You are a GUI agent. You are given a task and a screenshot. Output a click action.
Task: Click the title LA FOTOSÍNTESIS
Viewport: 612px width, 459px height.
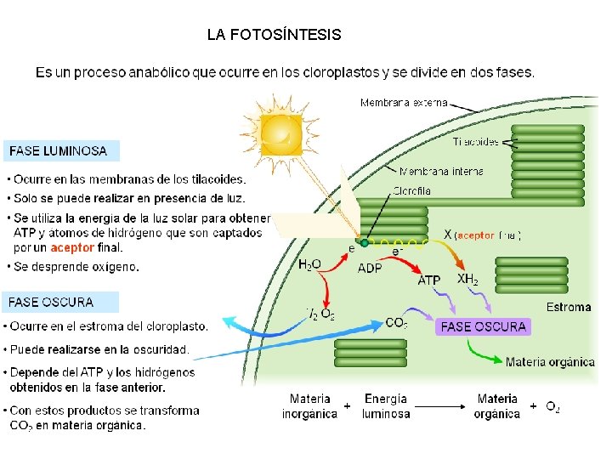point(274,35)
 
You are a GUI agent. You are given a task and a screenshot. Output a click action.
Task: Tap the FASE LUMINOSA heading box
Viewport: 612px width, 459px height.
point(59,151)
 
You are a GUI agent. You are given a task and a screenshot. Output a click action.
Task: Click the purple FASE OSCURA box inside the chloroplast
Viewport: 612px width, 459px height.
point(484,326)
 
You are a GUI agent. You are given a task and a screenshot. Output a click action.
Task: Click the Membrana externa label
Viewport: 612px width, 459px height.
point(404,103)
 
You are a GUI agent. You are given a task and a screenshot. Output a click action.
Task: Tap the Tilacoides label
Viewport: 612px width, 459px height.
point(475,141)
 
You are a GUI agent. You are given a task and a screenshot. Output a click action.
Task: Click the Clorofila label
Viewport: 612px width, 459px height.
point(412,190)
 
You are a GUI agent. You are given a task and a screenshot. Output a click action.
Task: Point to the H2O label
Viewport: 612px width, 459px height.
point(309,265)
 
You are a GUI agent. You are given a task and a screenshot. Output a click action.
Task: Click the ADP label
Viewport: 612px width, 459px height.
point(370,268)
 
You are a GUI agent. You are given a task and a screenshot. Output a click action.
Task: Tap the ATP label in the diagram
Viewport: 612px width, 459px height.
point(429,280)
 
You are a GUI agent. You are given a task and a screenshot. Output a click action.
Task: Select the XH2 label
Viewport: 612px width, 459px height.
point(467,279)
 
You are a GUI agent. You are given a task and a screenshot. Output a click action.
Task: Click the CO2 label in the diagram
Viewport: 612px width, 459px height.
point(396,323)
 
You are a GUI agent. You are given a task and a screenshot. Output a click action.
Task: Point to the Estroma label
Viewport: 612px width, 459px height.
point(569,307)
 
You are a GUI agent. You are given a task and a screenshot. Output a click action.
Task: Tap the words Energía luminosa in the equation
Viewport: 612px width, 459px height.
point(386,405)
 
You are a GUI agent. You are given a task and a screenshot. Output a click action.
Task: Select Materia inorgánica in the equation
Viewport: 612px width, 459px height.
point(309,405)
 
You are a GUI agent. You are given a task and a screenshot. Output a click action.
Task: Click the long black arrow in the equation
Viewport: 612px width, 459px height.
point(442,406)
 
